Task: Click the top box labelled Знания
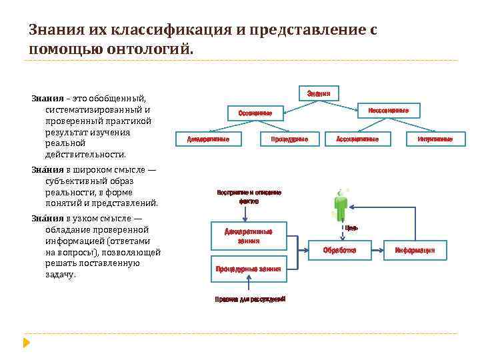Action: click(319, 93)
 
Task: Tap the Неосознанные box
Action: click(389, 110)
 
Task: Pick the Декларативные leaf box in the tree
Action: click(208, 139)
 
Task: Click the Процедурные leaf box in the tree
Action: click(289, 139)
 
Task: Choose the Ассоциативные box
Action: click(357, 139)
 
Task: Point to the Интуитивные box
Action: click(435, 139)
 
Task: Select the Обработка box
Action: click(339, 250)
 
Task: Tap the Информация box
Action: click(415, 250)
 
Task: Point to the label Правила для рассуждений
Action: click(250, 299)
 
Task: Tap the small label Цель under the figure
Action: click(351, 228)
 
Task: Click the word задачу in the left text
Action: click(61, 274)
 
